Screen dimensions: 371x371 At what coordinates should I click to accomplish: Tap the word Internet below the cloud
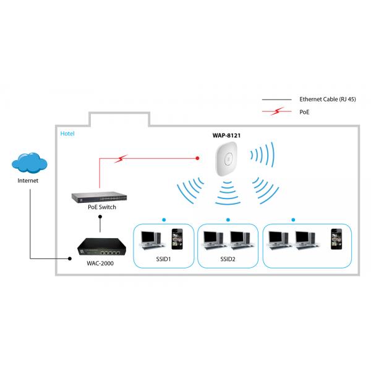pos(28,181)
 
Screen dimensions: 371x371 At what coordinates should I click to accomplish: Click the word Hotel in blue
pos(67,134)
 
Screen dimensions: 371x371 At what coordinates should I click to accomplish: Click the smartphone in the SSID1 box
pos(177,239)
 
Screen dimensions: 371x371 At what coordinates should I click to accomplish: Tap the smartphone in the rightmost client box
pos(336,239)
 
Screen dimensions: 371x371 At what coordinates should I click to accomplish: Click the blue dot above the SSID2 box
pos(228,220)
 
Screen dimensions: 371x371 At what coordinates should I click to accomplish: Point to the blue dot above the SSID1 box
pos(163,220)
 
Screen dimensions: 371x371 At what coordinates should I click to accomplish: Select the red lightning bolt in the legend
pos(276,111)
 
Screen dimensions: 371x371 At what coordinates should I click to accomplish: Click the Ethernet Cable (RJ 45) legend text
pos(327,99)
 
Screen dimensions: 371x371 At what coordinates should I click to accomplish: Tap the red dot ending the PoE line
pos(197,158)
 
